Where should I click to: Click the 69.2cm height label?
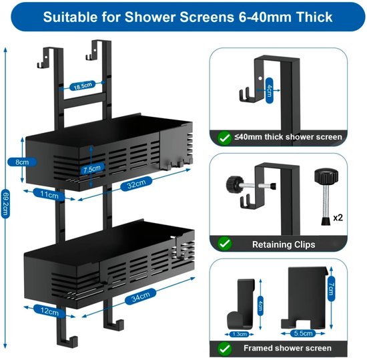tap(5, 204)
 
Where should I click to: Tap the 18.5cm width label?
tap(83, 86)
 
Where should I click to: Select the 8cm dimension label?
tap(22, 162)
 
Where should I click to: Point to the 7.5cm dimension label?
tap(92, 168)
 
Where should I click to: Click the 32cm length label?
tap(136, 184)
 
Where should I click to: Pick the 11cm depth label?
tap(49, 194)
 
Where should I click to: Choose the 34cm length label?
tap(140, 297)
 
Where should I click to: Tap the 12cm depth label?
tap(49, 311)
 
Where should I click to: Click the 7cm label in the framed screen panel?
tap(331, 289)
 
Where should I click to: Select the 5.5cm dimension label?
tap(303, 333)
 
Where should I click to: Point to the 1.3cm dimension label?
tap(239, 334)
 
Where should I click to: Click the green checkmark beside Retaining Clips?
tap(225, 244)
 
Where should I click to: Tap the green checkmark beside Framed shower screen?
tap(225, 349)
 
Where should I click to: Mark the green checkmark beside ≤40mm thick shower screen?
tap(225, 138)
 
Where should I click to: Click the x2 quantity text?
tap(338, 218)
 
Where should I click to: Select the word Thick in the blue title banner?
tap(314, 17)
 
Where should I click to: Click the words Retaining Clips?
tap(284, 244)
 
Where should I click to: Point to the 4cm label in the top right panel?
tap(270, 91)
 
